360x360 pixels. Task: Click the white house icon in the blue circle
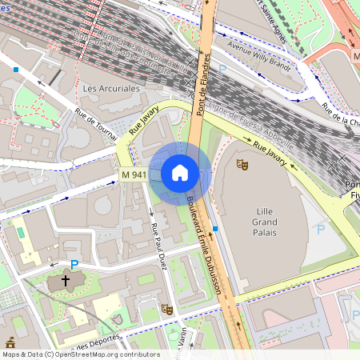pos(180,173)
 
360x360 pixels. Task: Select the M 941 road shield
pos(134,174)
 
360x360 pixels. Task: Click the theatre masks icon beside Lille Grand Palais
pos(242,164)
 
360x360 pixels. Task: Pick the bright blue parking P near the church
pos(74,265)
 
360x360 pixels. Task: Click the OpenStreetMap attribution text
pos(81,354)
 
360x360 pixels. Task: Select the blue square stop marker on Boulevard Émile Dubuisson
pos(215,229)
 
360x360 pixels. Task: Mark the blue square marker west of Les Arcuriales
pos(15,70)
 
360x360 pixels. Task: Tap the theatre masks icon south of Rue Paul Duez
pos(167,308)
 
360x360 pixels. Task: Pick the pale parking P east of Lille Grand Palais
pos(321,229)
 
